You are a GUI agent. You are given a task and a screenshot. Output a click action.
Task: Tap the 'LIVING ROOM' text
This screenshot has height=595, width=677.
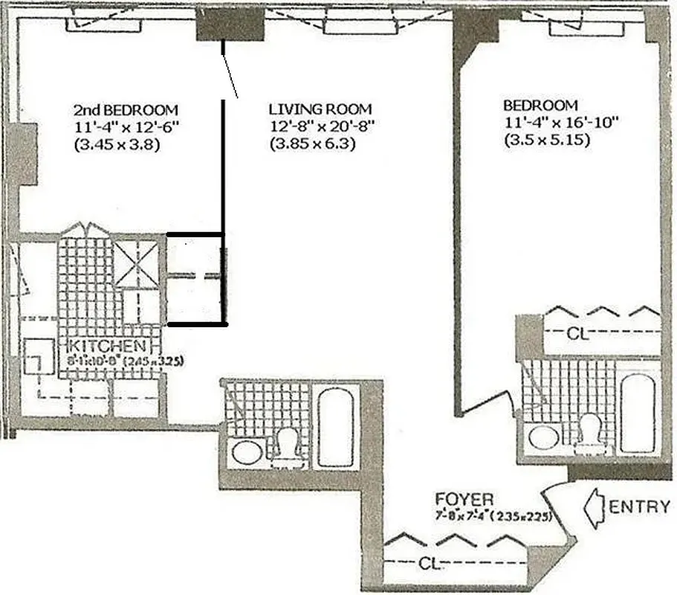pos(320,109)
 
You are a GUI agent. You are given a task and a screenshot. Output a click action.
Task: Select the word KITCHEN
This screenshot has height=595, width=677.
pos(107,347)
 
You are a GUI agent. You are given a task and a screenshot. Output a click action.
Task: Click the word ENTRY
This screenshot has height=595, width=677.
pos(639,507)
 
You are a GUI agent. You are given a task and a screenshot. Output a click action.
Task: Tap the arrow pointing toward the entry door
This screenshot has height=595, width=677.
pos(597,507)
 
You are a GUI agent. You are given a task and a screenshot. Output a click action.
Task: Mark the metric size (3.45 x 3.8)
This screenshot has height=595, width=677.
pos(118,144)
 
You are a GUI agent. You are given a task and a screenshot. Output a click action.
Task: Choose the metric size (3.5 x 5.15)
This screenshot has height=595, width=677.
pos(547,138)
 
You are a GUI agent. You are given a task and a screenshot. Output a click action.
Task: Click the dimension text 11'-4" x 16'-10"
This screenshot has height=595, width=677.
pos(551,121)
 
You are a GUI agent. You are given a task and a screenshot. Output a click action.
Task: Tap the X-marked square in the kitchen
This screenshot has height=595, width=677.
pos(139,264)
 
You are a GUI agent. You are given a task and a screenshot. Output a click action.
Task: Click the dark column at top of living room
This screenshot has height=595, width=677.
pos(230,28)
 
